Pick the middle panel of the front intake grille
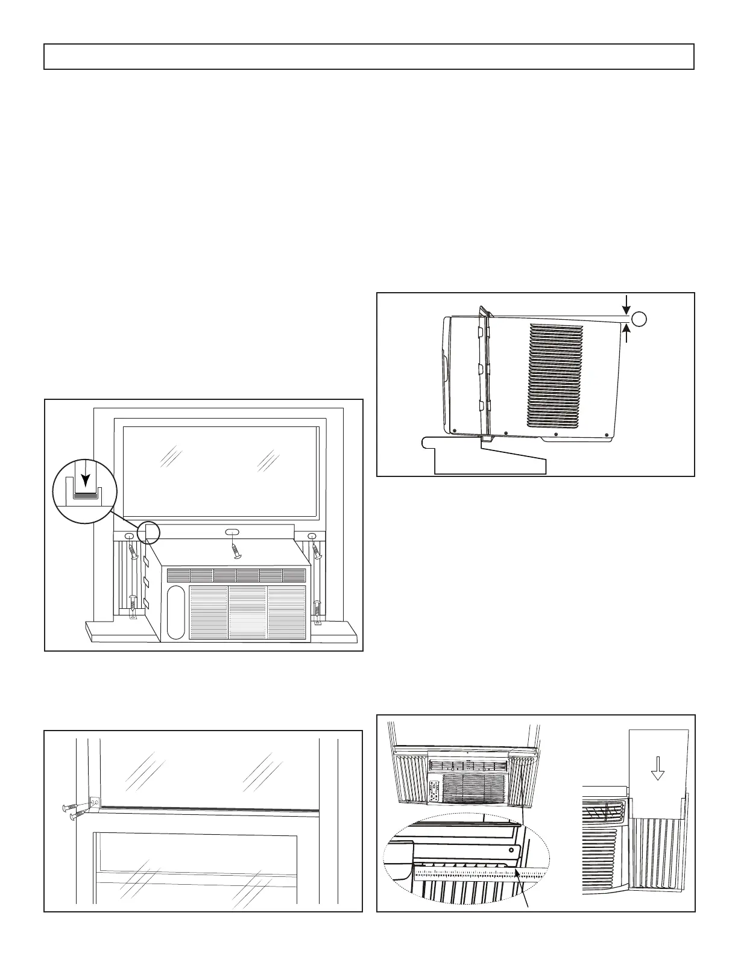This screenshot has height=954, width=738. pos(247,611)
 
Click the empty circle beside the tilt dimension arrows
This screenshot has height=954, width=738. pos(639,318)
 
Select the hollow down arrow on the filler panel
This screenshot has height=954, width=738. pos(658,767)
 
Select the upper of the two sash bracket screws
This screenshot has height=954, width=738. pos(73,807)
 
